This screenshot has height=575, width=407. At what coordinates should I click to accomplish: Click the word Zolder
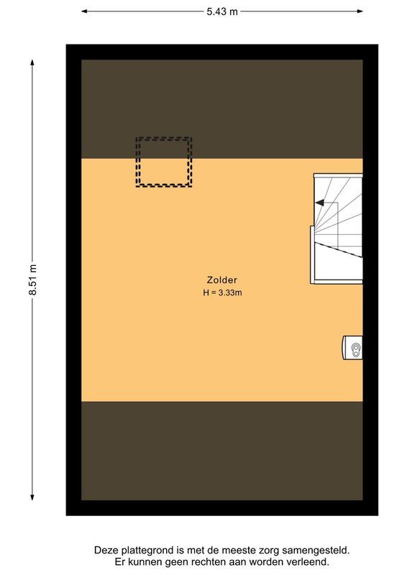[221, 280]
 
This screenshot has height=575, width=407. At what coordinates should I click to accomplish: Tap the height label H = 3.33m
[221, 293]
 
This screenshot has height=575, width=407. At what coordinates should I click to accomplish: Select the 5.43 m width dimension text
[222, 11]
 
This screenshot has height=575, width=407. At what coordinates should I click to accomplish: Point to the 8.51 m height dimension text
[32, 281]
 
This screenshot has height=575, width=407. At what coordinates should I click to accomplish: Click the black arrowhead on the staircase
[319, 203]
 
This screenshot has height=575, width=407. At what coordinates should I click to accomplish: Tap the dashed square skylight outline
[164, 162]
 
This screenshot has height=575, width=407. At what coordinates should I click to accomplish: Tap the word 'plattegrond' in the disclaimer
[147, 550]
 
